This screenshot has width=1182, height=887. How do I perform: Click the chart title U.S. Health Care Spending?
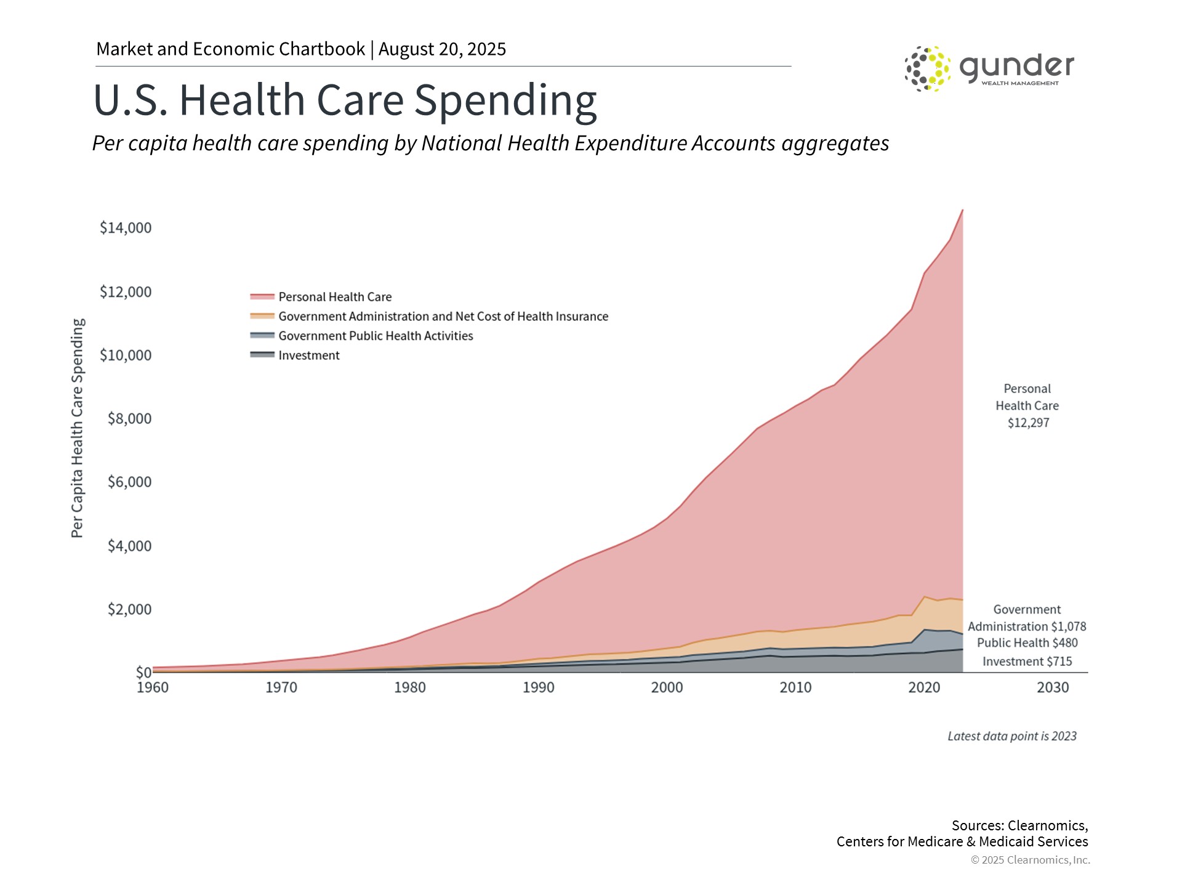345,100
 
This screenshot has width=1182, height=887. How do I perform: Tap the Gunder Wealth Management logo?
989,68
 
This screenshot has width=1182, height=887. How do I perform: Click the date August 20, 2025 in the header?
442,49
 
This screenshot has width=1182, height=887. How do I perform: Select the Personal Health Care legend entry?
334,297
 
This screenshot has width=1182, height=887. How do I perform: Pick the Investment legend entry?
308,355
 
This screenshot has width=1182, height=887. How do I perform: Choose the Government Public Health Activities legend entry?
375,336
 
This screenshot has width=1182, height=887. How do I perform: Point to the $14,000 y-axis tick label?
126,228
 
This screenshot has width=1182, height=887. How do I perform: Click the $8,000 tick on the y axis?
129,419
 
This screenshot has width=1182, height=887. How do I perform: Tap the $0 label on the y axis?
143,672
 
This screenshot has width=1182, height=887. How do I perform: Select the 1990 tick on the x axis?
539,687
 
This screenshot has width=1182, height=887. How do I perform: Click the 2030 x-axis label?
1053,687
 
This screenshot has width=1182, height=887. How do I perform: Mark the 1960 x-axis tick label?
153,687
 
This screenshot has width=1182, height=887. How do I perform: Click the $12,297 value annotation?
1028,423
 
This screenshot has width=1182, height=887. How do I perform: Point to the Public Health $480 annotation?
1027,643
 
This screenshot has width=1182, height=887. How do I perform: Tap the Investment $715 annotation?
1027,662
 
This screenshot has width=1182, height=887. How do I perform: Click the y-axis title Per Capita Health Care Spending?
77,428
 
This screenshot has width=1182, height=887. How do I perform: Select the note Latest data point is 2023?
1011,736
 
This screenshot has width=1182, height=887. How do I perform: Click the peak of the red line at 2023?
962,210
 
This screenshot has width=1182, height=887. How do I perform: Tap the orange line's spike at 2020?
925,596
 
